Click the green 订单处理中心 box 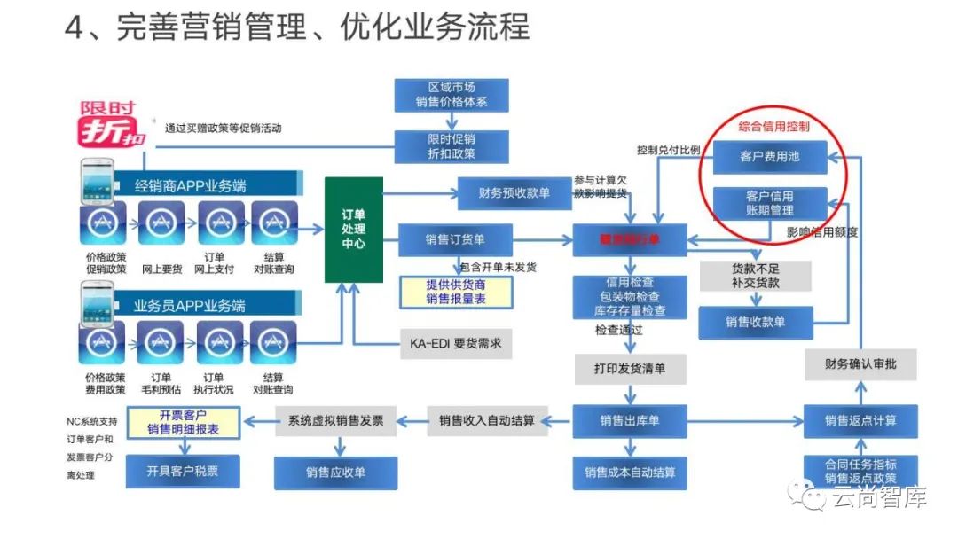point(354,230)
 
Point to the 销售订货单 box point(455,239)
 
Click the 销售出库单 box point(630,420)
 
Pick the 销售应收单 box point(335,473)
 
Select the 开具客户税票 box point(182,472)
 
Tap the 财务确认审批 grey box point(860,363)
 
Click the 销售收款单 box point(755,322)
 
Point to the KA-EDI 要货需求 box point(455,342)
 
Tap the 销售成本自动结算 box point(630,473)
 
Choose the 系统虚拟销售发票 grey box point(336,420)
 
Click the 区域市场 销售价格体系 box point(452,95)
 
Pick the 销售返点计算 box point(860,420)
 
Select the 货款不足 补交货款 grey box point(755,276)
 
